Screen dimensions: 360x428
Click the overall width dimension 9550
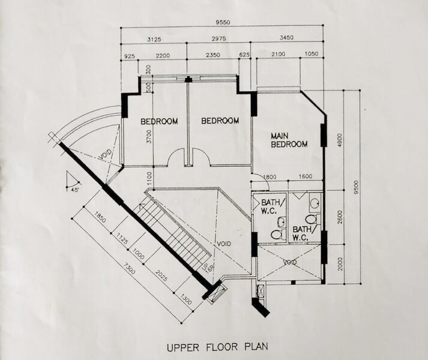(x=222, y=23)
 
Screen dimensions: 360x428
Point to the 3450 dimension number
(x=286, y=40)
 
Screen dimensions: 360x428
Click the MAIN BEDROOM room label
(x=289, y=140)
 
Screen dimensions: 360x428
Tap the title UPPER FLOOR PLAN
(x=217, y=346)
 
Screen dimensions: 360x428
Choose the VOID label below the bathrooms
(x=290, y=262)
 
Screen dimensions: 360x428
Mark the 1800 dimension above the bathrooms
(x=270, y=176)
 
